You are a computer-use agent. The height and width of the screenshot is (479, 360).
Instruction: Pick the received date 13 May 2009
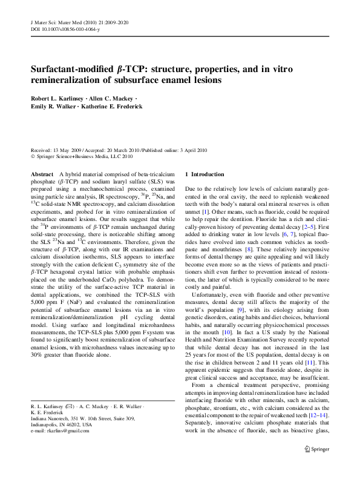tap(64, 149)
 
